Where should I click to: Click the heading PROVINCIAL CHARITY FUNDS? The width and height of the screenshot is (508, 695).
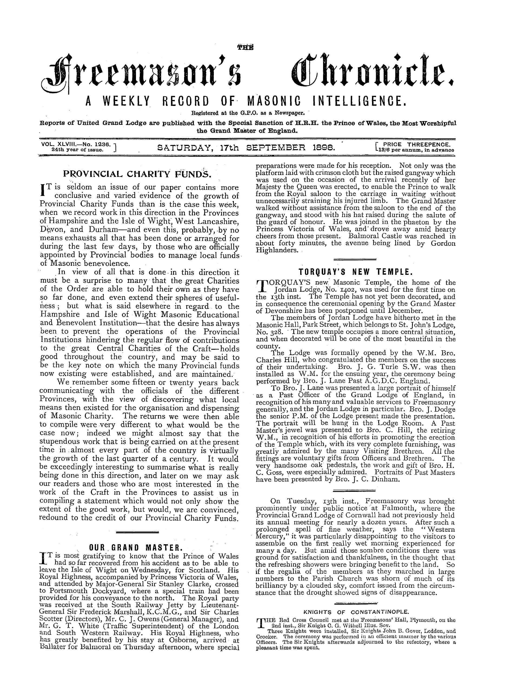point(137,174)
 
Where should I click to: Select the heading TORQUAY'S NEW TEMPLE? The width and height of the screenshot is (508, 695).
point(355,272)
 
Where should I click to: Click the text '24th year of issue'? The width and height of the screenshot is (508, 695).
point(75,149)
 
